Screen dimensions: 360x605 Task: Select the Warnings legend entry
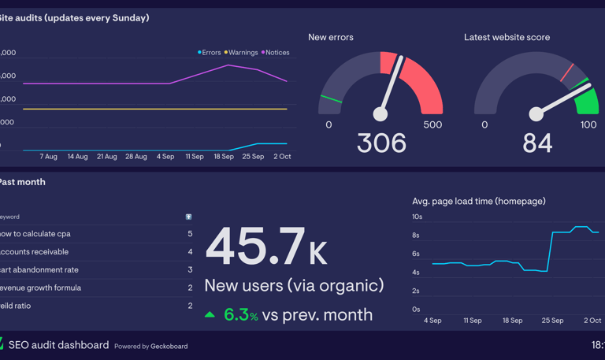(242, 53)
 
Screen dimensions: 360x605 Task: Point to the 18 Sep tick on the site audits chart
(224, 157)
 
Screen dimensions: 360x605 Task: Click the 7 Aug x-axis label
(48, 157)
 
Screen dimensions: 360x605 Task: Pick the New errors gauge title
(330, 37)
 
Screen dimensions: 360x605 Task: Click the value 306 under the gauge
(381, 143)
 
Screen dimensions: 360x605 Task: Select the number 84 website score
(537, 143)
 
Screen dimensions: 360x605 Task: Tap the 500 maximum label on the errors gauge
(432, 125)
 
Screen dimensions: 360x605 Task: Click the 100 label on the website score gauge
(588, 125)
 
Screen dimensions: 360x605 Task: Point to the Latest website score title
(507, 37)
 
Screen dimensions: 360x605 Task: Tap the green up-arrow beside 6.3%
(210, 315)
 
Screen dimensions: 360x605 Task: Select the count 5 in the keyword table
(190, 234)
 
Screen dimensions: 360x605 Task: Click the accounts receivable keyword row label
(34, 252)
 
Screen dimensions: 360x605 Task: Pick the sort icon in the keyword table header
(188, 217)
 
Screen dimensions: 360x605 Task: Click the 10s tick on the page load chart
(418, 217)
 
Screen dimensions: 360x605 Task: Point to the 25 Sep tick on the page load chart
(552, 321)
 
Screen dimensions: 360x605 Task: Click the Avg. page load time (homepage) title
(478, 202)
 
